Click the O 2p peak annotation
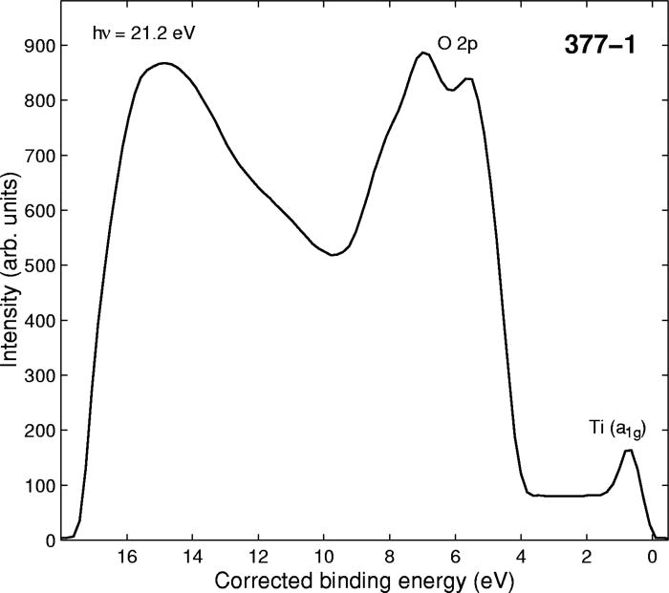coord(457,44)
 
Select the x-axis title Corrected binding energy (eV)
coord(355,580)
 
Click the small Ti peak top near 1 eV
coord(629,450)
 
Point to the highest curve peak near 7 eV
coord(423,53)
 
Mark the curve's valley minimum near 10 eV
coord(332,255)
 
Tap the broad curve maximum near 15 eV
coord(164,63)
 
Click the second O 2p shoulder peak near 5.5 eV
coord(469,78)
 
